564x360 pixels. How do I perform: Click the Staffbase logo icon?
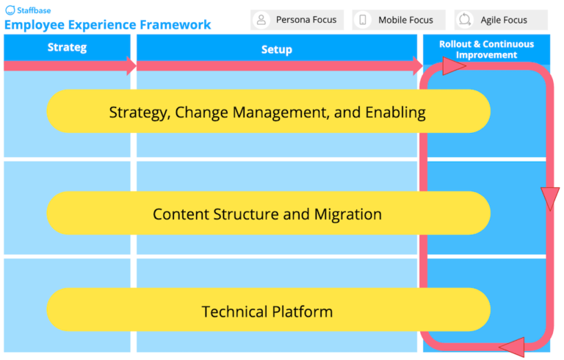pyautogui.click(x=10, y=11)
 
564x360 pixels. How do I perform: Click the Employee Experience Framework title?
pyautogui.click(x=108, y=25)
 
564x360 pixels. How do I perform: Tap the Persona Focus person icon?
pyautogui.click(x=261, y=20)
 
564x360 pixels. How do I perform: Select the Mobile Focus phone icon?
pyautogui.click(x=363, y=20)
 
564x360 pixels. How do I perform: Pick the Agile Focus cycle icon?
pyautogui.click(x=465, y=20)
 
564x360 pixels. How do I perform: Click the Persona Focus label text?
pyautogui.click(x=306, y=20)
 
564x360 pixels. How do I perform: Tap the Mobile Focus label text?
pyautogui.click(x=405, y=20)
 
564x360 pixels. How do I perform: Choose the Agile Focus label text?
pyautogui.click(x=504, y=20)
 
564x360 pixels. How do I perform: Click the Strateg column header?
pyautogui.click(x=67, y=48)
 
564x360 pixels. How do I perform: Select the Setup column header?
pyautogui.click(x=276, y=49)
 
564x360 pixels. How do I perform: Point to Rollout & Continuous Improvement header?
pyautogui.click(x=486, y=49)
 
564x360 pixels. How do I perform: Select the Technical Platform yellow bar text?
pyautogui.click(x=267, y=312)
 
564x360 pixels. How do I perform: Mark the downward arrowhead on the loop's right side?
pyautogui.click(x=549, y=198)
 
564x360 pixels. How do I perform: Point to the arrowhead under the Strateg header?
pyautogui.click(x=131, y=66)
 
